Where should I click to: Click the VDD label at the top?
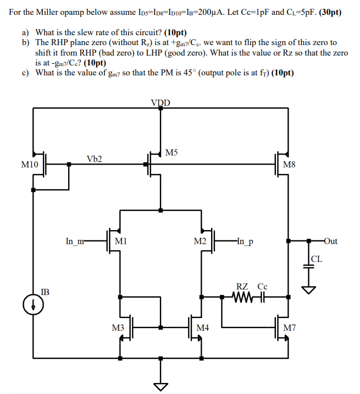coord(160,102)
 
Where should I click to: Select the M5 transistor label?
coord(172,152)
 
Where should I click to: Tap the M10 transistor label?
coord(30,164)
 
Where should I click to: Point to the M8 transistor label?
coord(289,164)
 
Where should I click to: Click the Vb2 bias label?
coord(94,159)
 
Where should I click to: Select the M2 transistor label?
coord(200,241)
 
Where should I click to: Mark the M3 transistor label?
coord(118,328)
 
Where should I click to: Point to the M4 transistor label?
coord(203,328)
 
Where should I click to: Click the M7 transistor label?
coord(290,328)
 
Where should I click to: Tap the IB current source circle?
coord(33,304)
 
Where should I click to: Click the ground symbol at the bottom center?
coord(160,386)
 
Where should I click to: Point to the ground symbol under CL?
coord(308,289)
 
